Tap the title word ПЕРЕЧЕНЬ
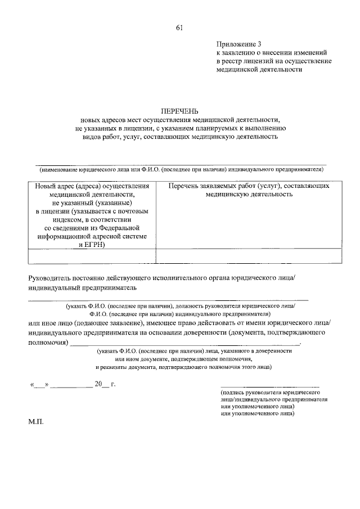click(179, 111)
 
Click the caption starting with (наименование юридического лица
click(180, 169)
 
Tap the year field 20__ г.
click(103, 385)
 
